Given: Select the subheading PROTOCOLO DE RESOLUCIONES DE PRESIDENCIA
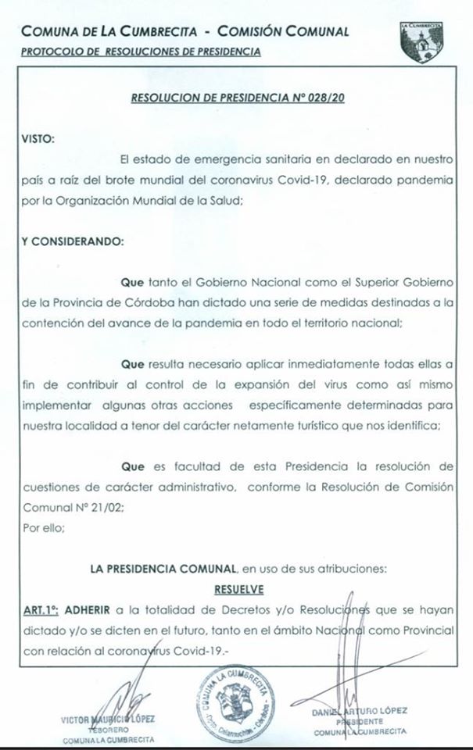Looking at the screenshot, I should tap(140, 52).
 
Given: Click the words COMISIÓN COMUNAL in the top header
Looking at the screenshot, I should tap(282, 32).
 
